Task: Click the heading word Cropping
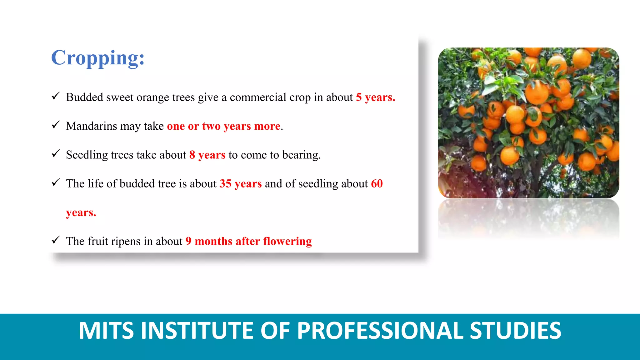[x=97, y=58]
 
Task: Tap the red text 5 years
[x=375, y=97]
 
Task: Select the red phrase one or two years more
[x=223, y=126]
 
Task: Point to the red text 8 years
[x=207, y=155]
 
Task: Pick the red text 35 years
[x=240, y=184]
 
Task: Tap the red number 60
[x=377, y=184]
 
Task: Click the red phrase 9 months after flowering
[x=248, y=241]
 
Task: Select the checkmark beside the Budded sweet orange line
[x=56, y=96]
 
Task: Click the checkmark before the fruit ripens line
[x=56, y=240]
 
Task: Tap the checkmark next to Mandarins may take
[x=56, y=125]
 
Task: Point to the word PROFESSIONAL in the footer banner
[x=380, y=331]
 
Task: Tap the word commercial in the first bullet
[x=258, y=97]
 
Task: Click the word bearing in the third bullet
[x=301, y=155]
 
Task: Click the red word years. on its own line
[x=81, y=213]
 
